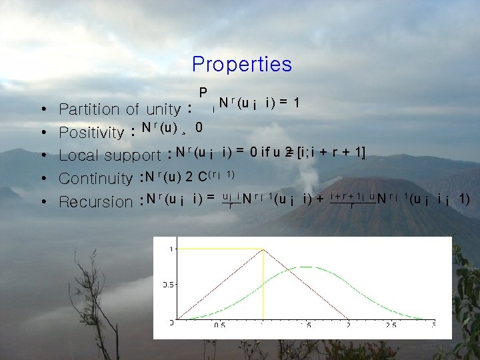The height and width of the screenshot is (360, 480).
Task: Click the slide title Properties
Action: tap(241, 65)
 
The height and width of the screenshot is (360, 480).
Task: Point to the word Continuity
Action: tap(95, 179)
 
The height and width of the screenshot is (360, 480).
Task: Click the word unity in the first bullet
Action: tap(163, 109)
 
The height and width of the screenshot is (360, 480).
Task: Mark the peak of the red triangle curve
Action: tap(263, 249)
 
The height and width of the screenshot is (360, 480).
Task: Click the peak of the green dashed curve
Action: tap(305, 267)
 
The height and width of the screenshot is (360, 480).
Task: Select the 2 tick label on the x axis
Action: tap(348, 325)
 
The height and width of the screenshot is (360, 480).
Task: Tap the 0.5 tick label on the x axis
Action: tap(219, 325)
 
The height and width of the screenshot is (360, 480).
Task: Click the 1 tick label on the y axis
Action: tap(172, 249)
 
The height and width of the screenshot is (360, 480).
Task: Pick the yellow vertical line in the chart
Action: tap(263, 287)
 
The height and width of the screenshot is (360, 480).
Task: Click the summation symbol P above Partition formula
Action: tap(203, 92)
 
